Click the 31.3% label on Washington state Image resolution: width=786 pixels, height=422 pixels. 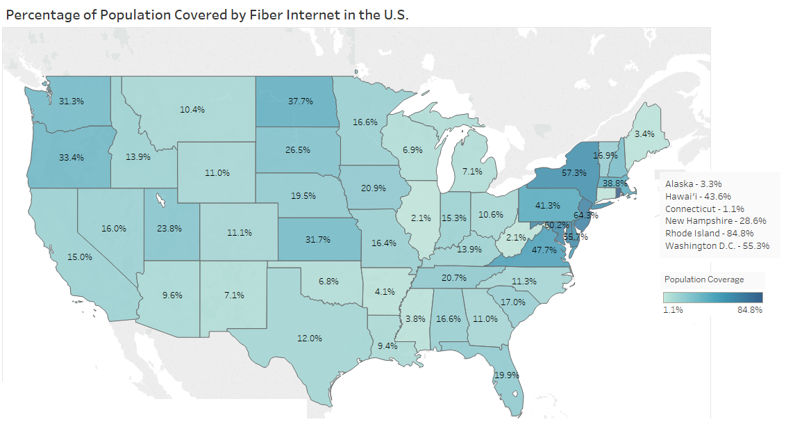coord(72,102)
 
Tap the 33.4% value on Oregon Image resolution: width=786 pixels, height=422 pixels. coord(72,158)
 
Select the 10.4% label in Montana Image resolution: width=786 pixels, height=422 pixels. coord(192,110)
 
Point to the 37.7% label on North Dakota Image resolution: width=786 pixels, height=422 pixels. coord(301,102)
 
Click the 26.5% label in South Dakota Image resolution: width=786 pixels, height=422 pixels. coord(297,150)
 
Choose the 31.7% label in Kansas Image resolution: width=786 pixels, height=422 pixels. coord(318,240)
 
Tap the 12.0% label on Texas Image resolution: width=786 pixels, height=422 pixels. coord(310,339)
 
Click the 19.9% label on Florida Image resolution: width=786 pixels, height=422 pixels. coord(507,375)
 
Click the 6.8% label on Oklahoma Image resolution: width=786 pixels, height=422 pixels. coord(328,282)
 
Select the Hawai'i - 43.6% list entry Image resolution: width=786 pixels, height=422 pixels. coord(698,197)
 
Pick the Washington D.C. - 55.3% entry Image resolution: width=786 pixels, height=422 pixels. coord(717,246)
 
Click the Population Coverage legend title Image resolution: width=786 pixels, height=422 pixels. coord(704,279)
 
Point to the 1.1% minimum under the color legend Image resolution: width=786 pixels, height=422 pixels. coord(674,310)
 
